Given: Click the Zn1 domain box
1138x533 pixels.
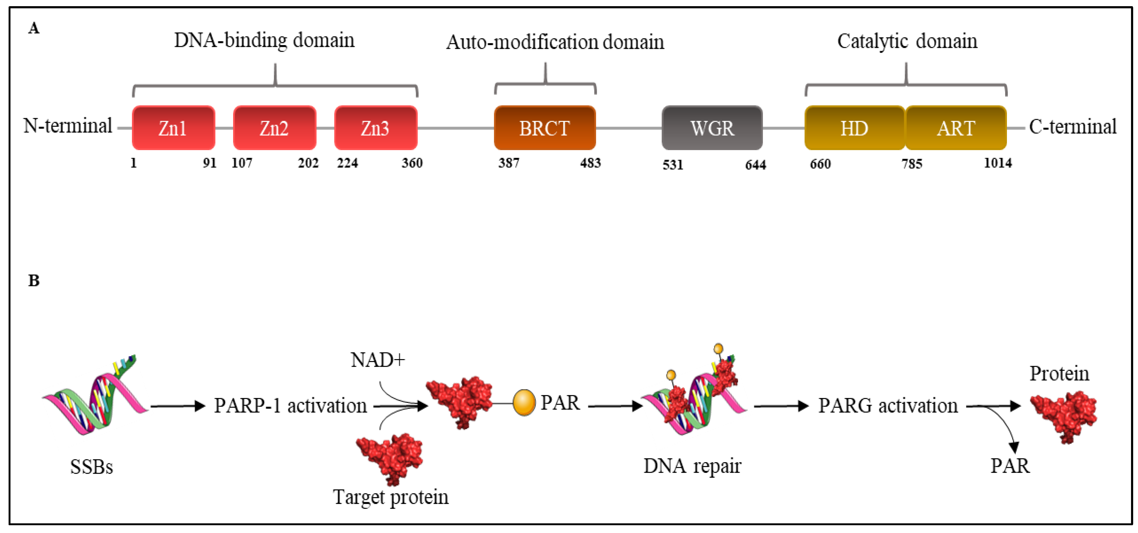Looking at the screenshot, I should [173, 128].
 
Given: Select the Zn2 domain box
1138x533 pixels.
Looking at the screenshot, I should [274, 128].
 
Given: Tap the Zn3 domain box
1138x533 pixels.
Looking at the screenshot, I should [375, 128].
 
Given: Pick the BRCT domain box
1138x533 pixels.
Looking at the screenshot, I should [545, 128].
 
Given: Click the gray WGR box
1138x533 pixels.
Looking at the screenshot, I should [712, 128].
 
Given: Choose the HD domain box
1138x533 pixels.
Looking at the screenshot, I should [854, 128].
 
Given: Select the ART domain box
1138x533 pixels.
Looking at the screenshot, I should [956, 128].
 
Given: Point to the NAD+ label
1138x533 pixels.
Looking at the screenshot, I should [378, 360].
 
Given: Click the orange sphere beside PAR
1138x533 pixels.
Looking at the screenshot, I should [524, 403].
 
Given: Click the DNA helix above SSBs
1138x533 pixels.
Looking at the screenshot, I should [95, 397].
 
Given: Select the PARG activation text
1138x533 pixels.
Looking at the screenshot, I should [888, 405].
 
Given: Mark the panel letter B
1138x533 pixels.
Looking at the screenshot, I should [34, 281].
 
